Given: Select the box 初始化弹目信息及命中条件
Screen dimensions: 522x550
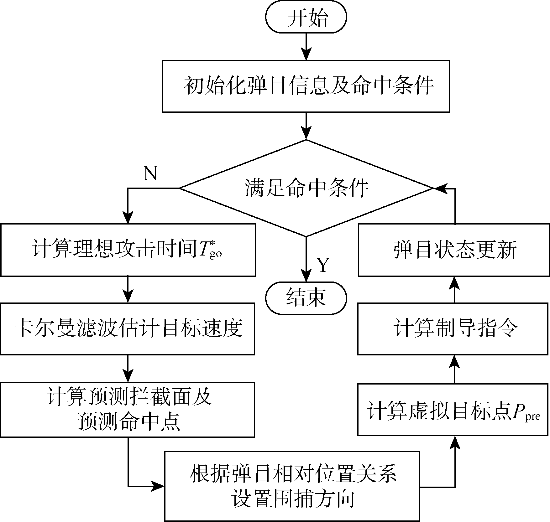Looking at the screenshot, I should click(x=306, y=86).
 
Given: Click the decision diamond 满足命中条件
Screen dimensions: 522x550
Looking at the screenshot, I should click(x=306, y=188).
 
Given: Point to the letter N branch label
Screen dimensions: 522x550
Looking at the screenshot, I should click(x=150, y=173).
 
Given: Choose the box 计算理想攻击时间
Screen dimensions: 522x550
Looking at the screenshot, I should click(x=128, y=250).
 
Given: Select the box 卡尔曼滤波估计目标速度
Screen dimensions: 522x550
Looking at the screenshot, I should click(x=128, y=329).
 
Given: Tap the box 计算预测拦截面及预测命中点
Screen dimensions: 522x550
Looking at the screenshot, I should click(x=128, y=409).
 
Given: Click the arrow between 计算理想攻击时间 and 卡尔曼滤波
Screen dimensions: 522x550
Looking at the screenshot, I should click(x=128, y=290).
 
